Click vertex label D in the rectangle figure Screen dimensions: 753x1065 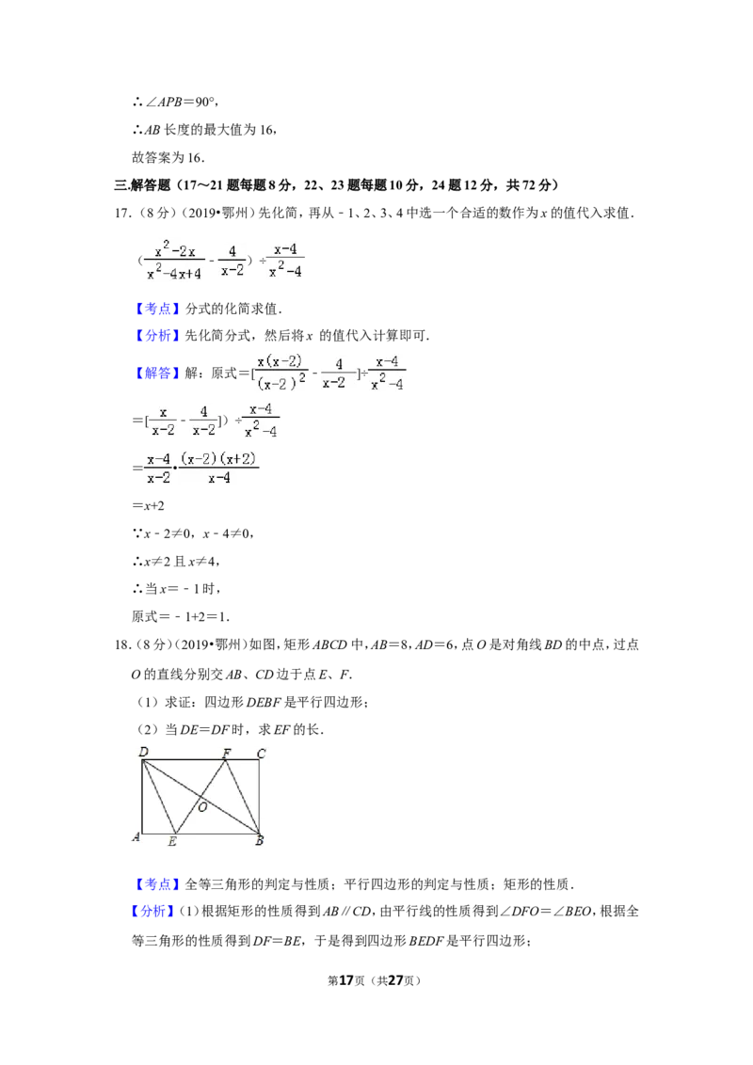143,752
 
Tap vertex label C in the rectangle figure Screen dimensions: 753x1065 261,754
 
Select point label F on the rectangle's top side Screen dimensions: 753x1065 227,753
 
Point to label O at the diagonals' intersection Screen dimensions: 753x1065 202,807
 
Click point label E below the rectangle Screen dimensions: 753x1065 172,841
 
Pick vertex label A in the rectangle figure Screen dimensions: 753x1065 136,836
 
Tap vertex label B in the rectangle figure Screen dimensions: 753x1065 259,841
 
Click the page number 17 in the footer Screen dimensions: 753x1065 346,980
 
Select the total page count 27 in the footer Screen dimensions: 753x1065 395,980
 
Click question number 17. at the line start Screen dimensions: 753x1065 123,214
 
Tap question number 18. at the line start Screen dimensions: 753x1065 123,644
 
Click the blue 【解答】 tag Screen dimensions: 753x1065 158,373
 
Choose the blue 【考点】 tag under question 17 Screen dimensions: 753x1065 158,309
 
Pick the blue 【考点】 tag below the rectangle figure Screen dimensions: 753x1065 158,884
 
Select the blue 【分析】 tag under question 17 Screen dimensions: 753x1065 158,336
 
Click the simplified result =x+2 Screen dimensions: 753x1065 148,506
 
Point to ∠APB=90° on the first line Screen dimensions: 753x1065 176,102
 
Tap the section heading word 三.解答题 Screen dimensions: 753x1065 142,184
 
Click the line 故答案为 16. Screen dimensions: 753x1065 168,157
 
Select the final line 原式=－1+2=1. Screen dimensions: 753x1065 181,617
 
